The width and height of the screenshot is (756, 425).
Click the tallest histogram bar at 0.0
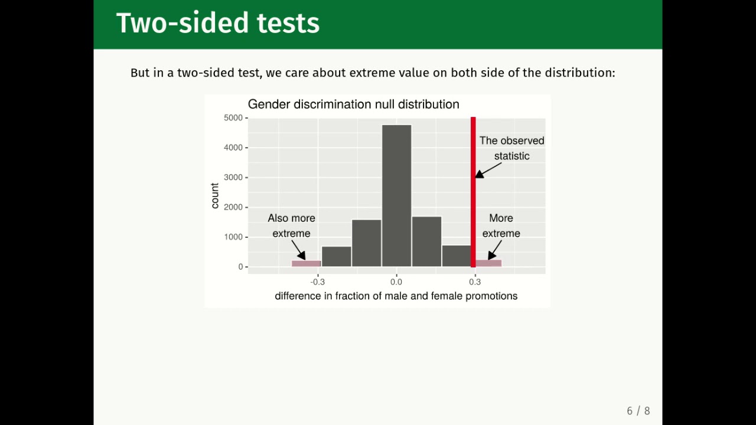click(396, 195)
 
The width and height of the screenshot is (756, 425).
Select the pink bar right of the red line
click(489, 263)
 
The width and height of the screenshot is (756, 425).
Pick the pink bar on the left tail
click(306, 263)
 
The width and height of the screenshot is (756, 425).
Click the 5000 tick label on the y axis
click(233, 118)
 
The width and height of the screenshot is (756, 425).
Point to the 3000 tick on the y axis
click(233, 178)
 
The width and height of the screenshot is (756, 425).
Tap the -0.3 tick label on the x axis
click(318, 282)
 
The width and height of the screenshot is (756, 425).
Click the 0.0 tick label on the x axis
click(396, 282)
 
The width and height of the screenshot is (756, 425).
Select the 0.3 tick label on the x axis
click(475, 282)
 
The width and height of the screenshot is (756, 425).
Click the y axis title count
click(215, 195)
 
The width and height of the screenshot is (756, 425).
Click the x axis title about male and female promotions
click(396, 296)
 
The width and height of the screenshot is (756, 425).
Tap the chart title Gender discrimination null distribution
click(353, 104)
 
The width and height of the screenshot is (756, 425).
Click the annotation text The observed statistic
click(511, 148)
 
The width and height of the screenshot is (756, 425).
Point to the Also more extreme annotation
click(291, 225)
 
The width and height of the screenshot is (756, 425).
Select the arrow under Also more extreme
click(299, 250)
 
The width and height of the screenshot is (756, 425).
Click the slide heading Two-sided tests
click(218, 24)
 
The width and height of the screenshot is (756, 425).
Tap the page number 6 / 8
click(638, 411)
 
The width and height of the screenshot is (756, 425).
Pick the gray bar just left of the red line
click(457, 256)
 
